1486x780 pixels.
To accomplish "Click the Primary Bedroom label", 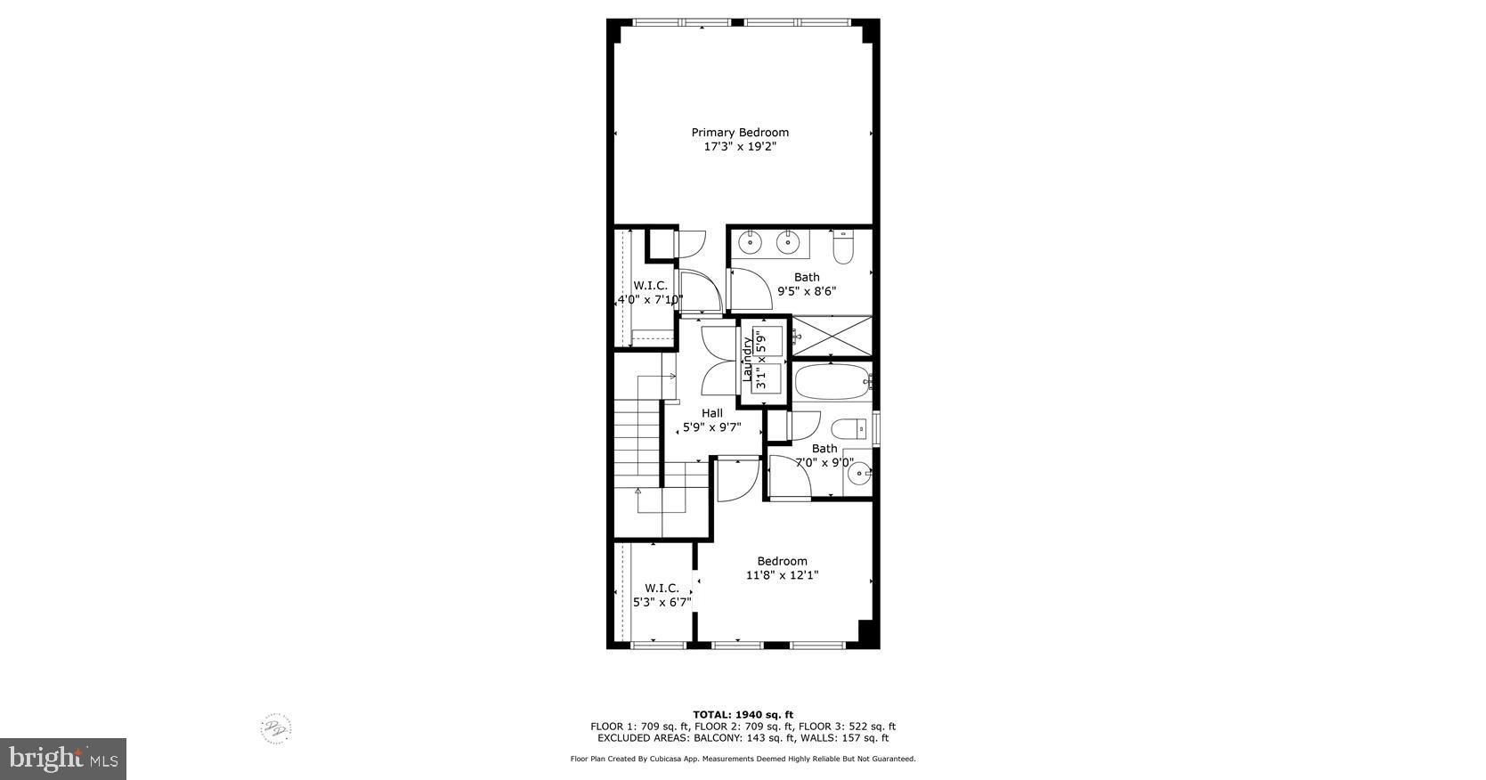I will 740,133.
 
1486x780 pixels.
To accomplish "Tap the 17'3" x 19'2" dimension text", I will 740,147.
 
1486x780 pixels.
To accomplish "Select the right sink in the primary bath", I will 786,240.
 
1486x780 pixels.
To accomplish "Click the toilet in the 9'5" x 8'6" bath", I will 842,246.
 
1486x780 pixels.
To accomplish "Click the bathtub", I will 832,383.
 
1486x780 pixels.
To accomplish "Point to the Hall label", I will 712,413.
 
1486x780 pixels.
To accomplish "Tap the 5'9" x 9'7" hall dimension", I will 711,427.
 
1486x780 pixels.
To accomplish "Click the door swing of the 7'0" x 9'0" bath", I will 789,475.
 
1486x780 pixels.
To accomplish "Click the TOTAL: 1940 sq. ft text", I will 743,714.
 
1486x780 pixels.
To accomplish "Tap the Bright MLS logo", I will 62,759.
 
